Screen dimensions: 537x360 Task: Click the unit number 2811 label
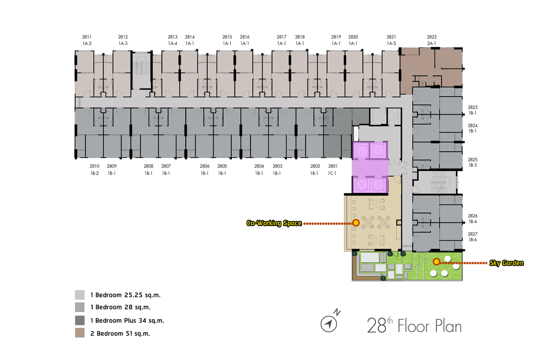click(87, 37)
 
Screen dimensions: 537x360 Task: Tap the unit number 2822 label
click(431, 37)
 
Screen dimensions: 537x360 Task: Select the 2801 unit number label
click(333, 166)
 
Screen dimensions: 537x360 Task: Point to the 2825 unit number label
click(473, 159)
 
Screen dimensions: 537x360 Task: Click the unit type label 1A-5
click(391, 43)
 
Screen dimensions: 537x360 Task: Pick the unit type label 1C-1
click(332, 173)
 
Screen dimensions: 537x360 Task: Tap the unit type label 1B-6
click(473, 240)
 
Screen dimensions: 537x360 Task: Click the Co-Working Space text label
click(274, 223)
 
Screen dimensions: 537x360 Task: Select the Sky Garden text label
click(506, 263)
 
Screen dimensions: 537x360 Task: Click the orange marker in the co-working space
click(356, 223)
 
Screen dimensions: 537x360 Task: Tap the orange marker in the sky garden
click(436, 261)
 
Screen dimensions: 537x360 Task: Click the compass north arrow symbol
click(328, 324)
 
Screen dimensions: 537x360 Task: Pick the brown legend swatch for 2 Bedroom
click(80, 333)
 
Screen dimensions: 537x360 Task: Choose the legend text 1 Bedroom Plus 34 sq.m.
click(127, 321)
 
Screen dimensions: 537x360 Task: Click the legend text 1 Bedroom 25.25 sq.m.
click(125, 295)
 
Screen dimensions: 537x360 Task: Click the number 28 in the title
click(377, 326)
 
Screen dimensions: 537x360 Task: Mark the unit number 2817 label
click(281, 37)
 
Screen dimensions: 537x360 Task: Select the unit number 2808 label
click(149, 166)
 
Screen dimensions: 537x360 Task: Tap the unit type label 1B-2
click(94, 173)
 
